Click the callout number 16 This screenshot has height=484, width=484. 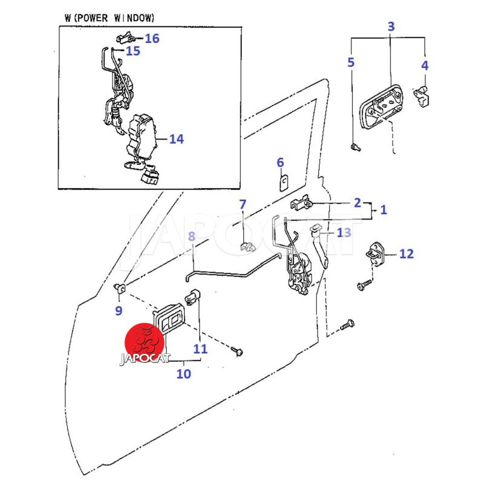[x=152, y=39]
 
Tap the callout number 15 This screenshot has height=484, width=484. [x=132, y=51]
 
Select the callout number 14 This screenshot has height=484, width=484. [x=176, y=139]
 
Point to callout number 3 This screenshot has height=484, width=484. [x=391, y=26]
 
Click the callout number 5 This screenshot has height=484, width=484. [x=350, y=62]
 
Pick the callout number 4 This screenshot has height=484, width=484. [x=425, y=65]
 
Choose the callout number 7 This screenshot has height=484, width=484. [x=243, y=204]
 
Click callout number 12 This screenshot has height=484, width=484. [x=406, y=253]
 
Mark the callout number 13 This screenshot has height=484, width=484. [x=344, y=232]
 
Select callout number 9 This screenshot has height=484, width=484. [x=119, y=311]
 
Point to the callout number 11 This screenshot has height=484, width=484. [x=200, y=348]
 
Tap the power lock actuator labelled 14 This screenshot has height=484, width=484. [x=142, y=136]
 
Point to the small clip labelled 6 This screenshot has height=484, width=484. [x=283, y=183]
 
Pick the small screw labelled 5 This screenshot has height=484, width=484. [x=355, y=146]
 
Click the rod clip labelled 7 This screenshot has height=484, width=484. [x=246, y=246]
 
